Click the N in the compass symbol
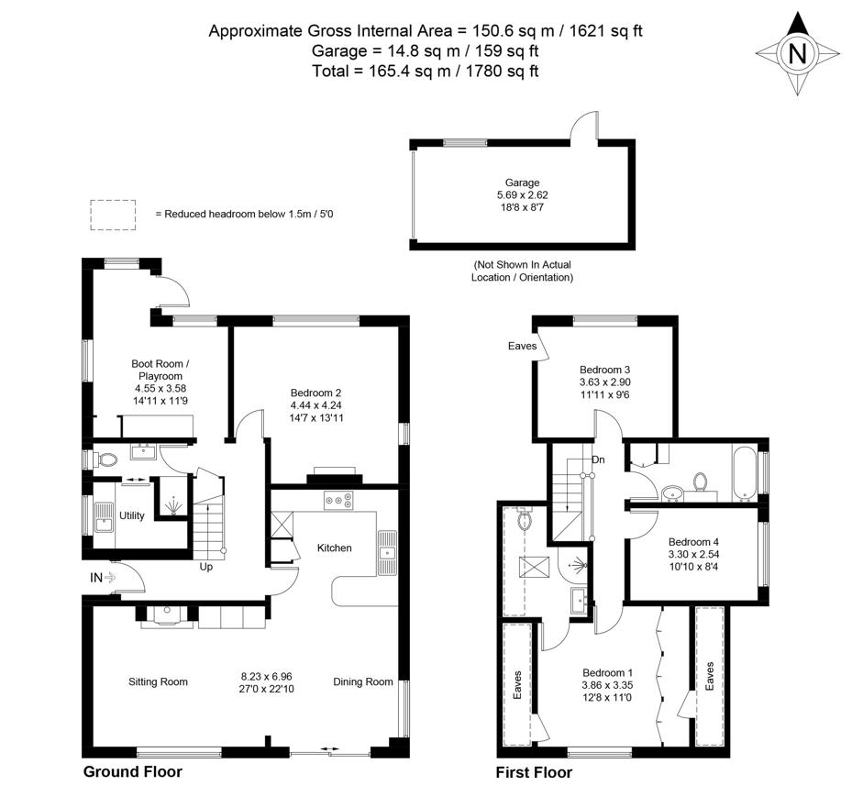(797, 54)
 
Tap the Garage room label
(522, 183)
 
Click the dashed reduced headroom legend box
(112, 214)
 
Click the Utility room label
(132, 515)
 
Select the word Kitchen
(335, 548)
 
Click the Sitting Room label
(158, 681)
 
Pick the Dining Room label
(363, 681)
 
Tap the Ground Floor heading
(133, 771)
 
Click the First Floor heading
(534, 772)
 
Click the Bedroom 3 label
(605, 370)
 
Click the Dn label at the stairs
(598, 459)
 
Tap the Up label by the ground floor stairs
(206, 567)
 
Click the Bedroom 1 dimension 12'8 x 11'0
(607, 698)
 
